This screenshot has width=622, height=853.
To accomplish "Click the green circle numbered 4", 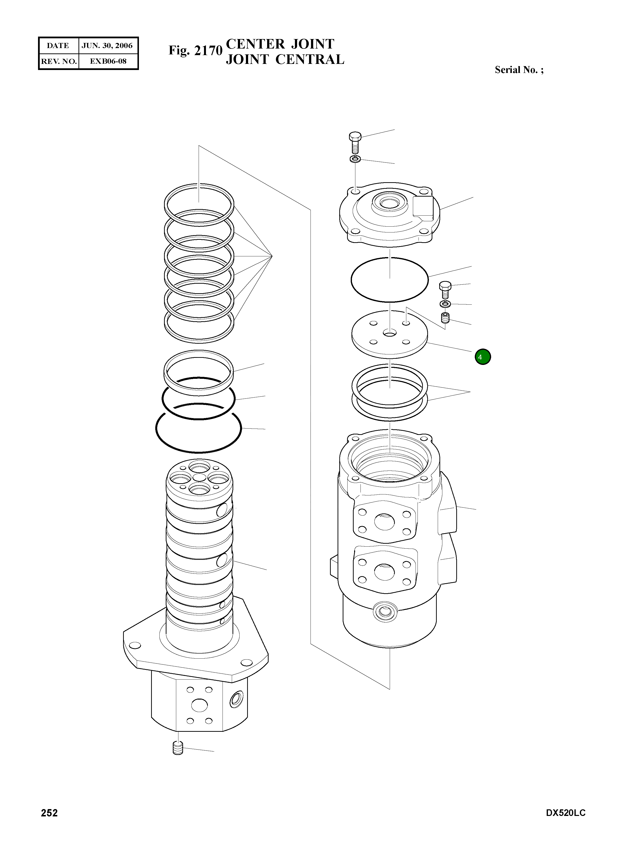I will (483, 357).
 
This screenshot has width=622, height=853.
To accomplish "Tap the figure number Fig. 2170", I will (195, 50).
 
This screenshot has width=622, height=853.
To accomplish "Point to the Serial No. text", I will (519, 70).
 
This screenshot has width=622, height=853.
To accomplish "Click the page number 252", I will (49, 813).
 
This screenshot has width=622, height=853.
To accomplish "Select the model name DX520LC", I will (565, 813).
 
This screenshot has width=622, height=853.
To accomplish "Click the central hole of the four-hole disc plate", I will (390, 333).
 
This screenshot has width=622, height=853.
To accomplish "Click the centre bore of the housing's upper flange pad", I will (384, 522).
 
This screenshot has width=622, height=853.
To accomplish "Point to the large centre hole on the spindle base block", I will (199, 705).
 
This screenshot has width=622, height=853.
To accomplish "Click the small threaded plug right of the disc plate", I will (445, 318).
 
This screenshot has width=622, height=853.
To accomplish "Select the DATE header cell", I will (58, 46).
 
